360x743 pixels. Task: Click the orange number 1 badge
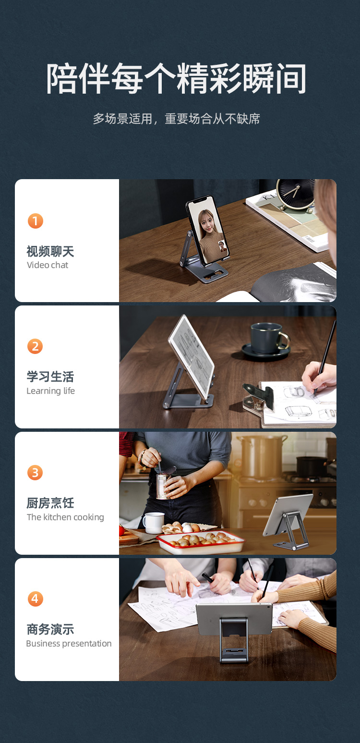[x=36, y=221]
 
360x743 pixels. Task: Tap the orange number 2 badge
[x=35, y=346]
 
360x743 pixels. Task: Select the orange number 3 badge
[x=35, y=473]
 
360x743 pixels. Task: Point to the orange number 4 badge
[x=36, y=599]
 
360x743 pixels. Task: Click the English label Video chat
[x=48, y=265]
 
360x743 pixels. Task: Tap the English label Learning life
[x=51, y=391]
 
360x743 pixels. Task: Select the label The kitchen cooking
[x=65, y=517]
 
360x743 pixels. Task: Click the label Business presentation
[x=69, y=644]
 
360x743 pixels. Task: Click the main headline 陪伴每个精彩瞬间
[x=176, y=79]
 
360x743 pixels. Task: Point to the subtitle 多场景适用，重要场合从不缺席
[x=176, y=119]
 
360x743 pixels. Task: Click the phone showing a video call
[x=207, y=230]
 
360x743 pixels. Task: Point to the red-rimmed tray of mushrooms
[x=201, y=541]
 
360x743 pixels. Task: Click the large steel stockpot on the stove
[x=262, y=456]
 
